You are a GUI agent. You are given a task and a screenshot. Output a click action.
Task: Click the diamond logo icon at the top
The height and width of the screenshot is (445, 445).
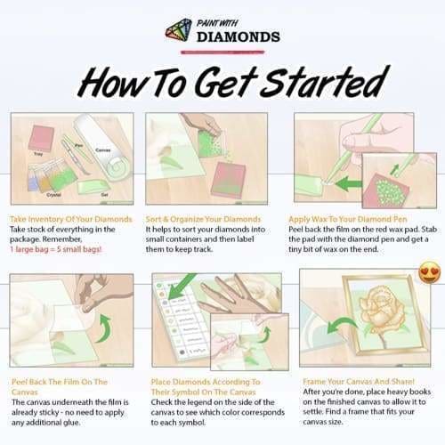(179, 28)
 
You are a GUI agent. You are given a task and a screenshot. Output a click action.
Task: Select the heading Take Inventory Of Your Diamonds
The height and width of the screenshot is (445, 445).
(71, 218)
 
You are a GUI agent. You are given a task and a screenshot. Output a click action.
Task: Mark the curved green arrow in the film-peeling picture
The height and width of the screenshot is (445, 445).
(105, 330)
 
